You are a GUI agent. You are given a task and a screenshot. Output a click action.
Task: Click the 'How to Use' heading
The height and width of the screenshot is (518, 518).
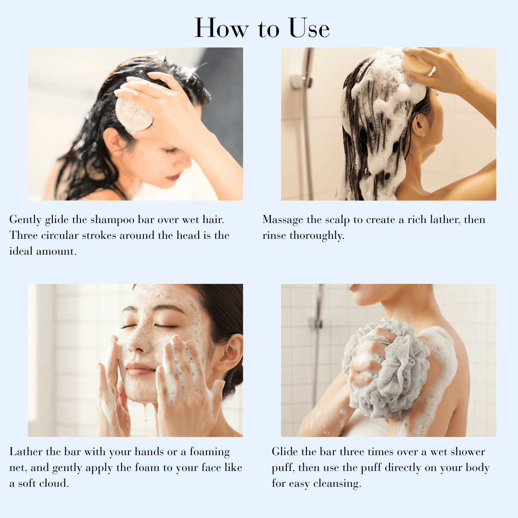[262, 28]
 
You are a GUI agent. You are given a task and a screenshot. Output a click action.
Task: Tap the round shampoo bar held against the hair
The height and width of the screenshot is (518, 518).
[134, 114]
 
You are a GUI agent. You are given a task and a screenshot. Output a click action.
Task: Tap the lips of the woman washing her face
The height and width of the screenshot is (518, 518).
[140, 368]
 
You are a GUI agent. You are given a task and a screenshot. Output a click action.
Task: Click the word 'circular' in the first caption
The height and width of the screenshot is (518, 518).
[62, 235]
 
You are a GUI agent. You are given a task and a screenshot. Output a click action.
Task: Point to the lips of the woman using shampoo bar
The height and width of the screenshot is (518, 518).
[173, 177]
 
